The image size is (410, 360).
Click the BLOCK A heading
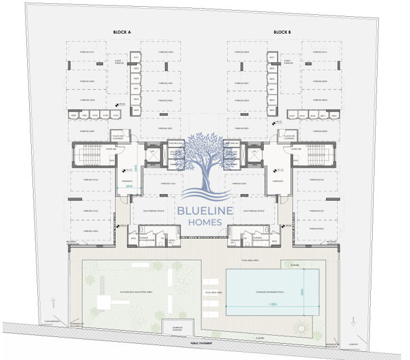tap(122, 32)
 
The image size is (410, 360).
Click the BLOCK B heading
tap(282, 32)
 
